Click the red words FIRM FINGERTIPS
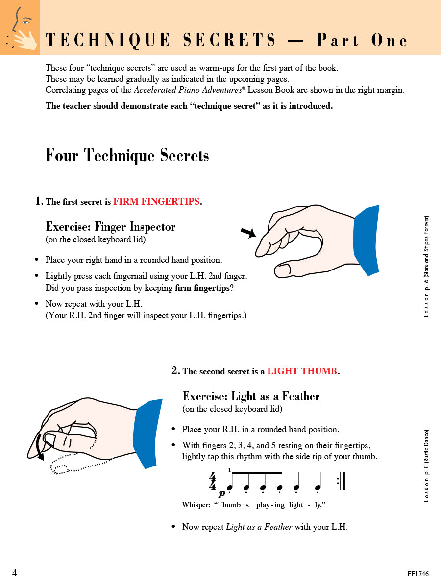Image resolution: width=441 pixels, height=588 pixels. pos(156,202)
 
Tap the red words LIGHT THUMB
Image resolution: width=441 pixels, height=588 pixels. pos(302,371)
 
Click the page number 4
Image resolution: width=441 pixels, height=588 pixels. pos(15,573)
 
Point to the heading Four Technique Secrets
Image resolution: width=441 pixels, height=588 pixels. pos(127,155)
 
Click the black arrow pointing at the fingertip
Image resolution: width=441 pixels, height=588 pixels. pos(249,232)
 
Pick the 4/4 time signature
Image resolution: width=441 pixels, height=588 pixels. pos(212,481)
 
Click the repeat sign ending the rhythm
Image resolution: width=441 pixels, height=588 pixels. pos(342,481)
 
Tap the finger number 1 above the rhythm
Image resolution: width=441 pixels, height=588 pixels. pos(229,470)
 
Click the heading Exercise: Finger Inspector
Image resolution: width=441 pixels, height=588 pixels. pos(110,227)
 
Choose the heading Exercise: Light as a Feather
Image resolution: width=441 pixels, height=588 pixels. pos(251,396)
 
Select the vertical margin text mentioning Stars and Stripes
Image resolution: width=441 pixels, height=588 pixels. pos(426,266)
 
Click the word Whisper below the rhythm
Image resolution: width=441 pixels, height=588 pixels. pos(196,505)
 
